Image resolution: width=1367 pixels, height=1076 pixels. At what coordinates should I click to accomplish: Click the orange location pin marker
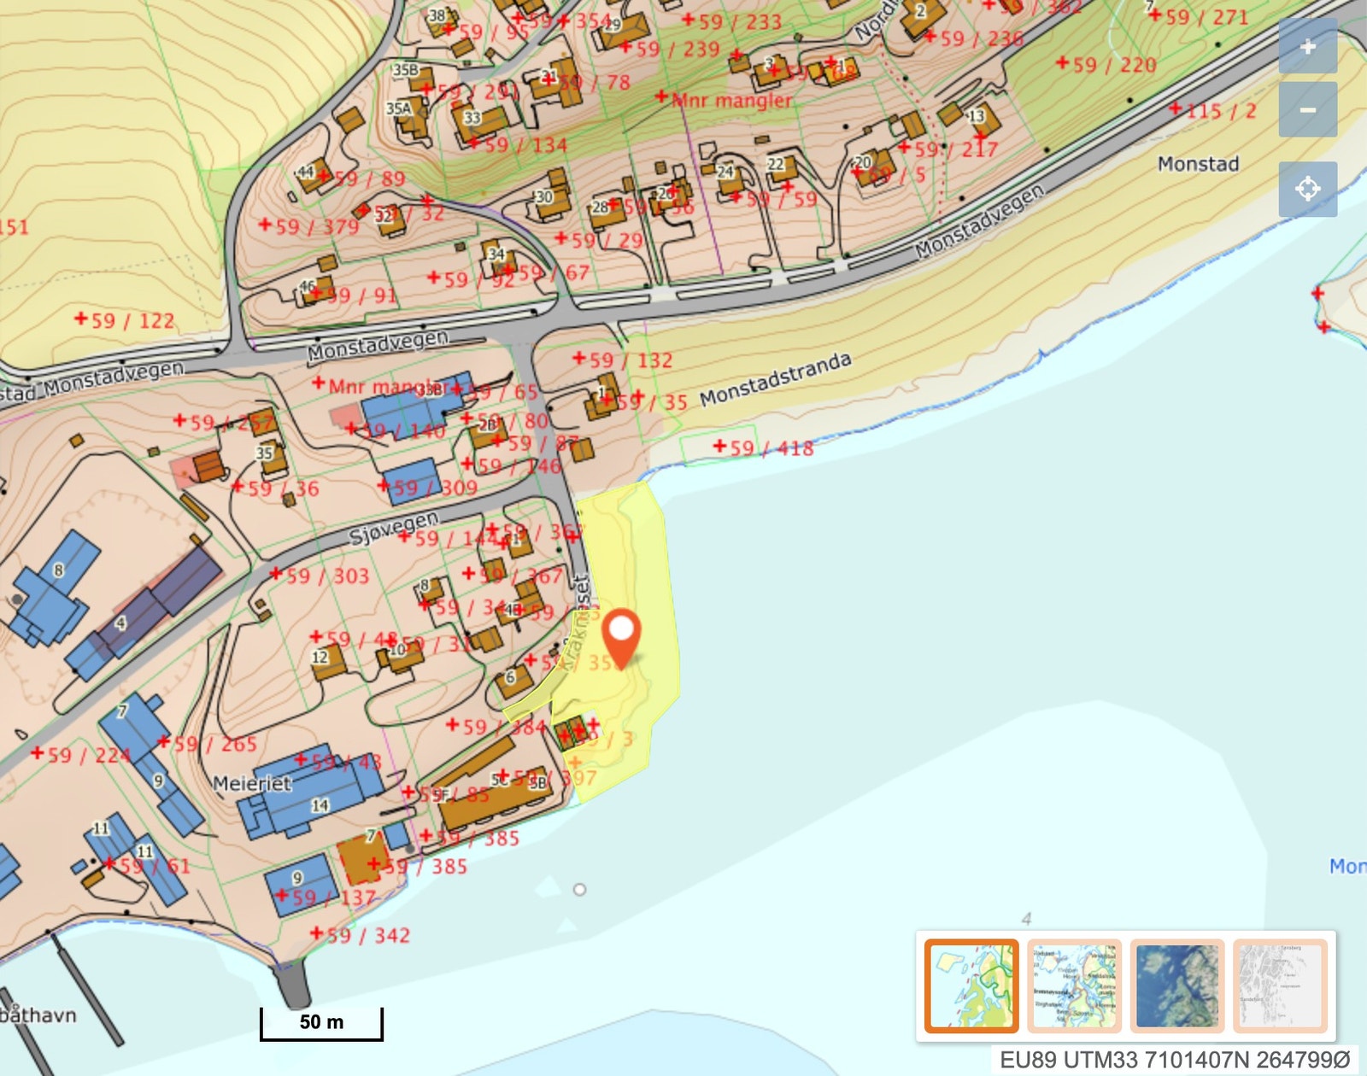pos(621,634)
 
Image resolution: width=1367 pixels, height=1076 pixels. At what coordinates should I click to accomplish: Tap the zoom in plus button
pos(1307,47)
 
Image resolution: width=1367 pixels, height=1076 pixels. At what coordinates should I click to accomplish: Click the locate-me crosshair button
pos(1307,188)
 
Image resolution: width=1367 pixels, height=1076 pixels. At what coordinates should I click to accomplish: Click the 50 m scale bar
pos(321,1023)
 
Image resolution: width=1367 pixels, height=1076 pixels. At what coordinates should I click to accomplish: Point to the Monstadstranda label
pos(775,379)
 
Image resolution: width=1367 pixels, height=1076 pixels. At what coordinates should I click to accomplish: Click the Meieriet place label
pos(251,784)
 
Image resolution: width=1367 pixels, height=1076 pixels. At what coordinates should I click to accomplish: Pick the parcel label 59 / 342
pos(367,935)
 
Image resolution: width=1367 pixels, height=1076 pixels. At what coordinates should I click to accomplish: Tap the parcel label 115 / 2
pos(1220,110)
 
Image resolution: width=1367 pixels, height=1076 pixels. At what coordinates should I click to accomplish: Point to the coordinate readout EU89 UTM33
pos(1175,1060)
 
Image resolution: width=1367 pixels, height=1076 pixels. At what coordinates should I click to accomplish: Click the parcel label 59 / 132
pos(631,360)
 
